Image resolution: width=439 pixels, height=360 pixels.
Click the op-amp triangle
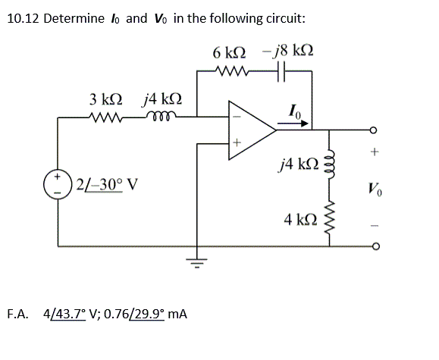(x=253, y=130)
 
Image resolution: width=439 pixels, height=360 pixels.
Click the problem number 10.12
(x=22, y=18)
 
